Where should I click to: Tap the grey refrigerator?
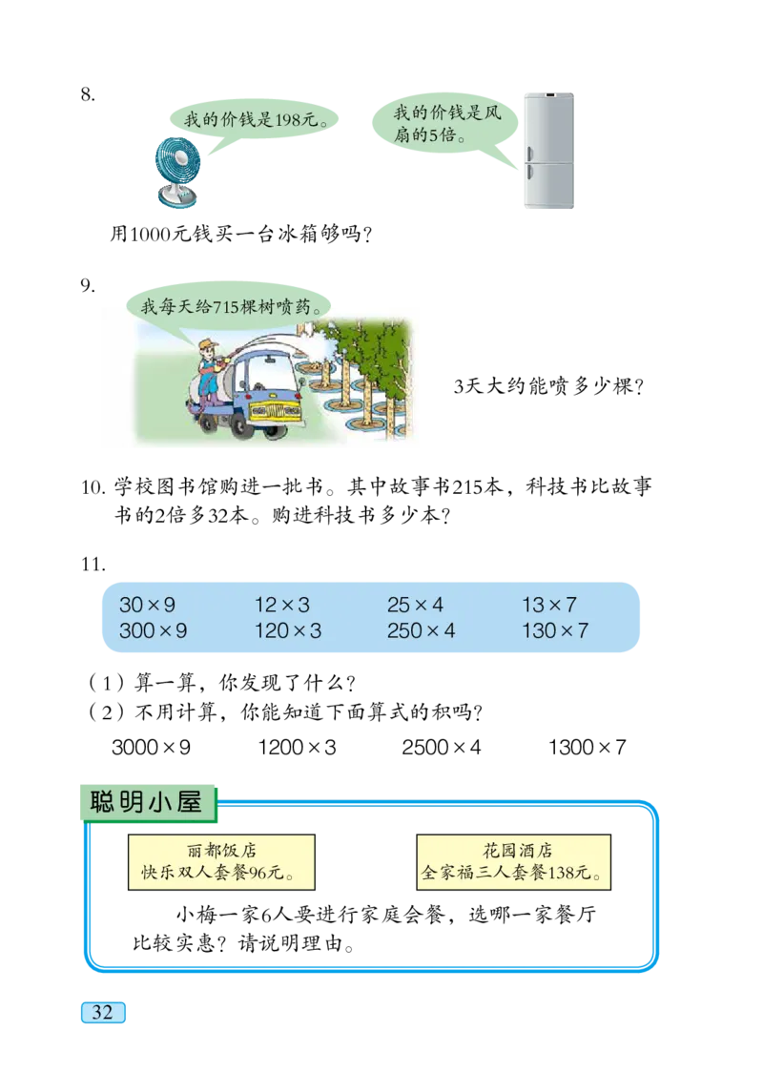tap(548, 153)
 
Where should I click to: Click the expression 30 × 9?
tap(147, 605)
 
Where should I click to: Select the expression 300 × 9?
tap(153, 630)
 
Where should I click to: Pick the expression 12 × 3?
tap(281, 605)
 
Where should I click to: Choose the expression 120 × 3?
tap(287, 630)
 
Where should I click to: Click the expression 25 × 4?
tap(415, 605)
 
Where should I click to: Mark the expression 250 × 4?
tap(421, 630)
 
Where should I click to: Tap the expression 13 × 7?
tap(548, 605)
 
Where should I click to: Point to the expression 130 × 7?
tap(554, 630)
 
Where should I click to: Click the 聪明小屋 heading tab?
tap(147, 802)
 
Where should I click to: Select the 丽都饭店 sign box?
tap(221, 861)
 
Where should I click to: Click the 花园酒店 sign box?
tap(514, 861)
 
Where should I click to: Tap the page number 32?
tap(102, 1013)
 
